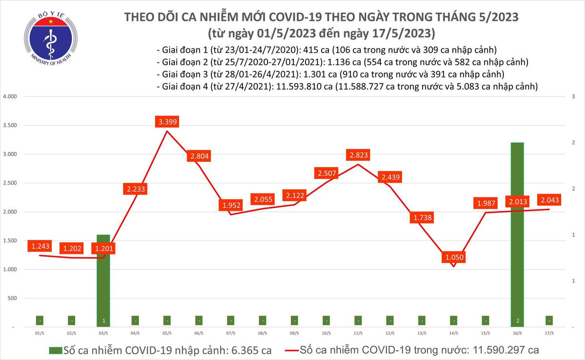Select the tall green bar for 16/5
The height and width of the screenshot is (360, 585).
coord(517,229)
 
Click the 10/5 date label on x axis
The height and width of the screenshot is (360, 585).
coord(326,333)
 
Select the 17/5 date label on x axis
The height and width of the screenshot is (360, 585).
coord(549,333)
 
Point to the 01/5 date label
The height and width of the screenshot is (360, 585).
coord(39,333)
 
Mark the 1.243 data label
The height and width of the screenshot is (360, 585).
coord(39,247)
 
